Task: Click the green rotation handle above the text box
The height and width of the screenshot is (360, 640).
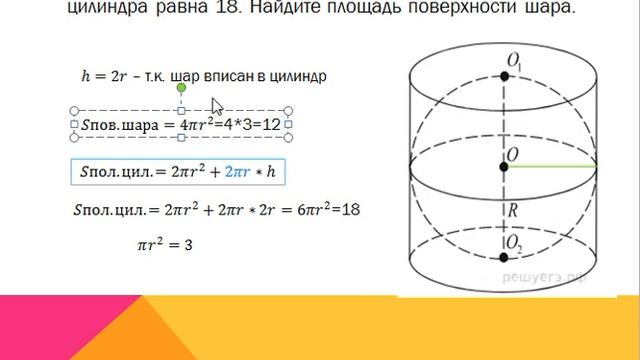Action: pyautogui.click(x=181, y=89)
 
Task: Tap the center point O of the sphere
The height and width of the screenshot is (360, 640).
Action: pyautogui.click(x=505, y=165)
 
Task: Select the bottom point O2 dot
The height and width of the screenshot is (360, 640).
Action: pyautogui.click(x=505, y=257)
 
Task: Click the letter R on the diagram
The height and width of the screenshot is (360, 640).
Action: pyautogui.click(x=512, y=212)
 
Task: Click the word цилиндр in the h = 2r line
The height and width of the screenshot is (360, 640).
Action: pyautogui.click(x=299, y=76)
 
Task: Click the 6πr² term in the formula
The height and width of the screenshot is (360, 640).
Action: pyautogui.click(x=313, y=211)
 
